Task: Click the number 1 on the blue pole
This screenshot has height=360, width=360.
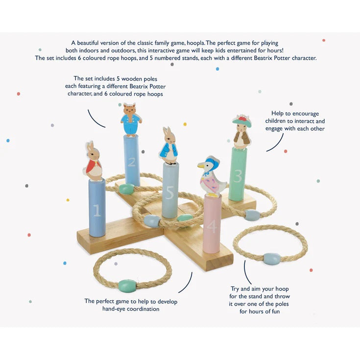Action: (x=97, y=210)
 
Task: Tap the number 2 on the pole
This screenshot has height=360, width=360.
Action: (x=132, y=163)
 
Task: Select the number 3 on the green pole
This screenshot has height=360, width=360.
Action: (x=238, y=176)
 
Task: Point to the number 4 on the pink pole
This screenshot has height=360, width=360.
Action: (x=212, y=226)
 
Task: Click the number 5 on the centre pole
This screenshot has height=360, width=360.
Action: (x=169, y=192)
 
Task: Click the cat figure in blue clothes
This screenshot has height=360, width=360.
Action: (x=131, y=120)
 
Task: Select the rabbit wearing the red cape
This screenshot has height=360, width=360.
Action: (x=93, y=161)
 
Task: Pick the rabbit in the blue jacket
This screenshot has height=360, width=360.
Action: (x=169, y=146)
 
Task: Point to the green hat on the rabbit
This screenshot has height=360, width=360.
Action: (x=242, y=121)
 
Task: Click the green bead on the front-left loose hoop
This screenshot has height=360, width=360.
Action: (x=127, y=286)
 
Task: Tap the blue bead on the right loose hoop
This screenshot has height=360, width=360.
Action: (x=272, y=259)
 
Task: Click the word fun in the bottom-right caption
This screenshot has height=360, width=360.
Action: (x=275, y=312)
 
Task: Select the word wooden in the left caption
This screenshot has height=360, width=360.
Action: (x=131, y=79)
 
